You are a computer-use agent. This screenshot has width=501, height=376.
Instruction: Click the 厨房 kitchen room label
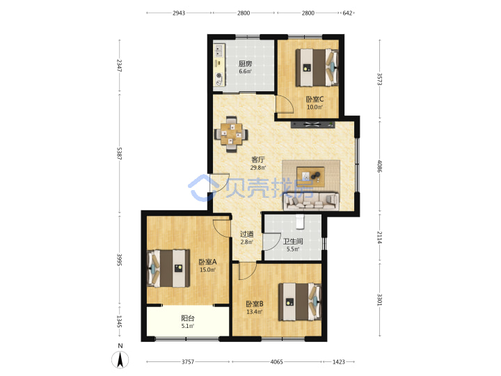tap(245, 64)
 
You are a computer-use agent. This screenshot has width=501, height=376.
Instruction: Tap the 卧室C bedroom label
tap(315, 100)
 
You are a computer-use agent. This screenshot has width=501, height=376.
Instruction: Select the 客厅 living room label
tap(258, 159)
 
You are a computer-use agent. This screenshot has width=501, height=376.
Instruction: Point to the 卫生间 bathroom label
tap(293, 242)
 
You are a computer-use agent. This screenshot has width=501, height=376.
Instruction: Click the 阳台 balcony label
tap(188, 318)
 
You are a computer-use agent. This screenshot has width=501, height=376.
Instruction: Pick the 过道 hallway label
tap(246, 234)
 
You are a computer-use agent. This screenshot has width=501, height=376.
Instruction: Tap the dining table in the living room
tap(231, 134)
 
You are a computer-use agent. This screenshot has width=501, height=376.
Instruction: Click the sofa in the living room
tap(311, 201)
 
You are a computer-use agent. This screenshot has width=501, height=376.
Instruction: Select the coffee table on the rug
tap(310, 177)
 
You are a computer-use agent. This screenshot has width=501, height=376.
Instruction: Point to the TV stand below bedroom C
tap(313, 125)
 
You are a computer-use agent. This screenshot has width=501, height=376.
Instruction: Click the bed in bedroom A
tap(168, 268)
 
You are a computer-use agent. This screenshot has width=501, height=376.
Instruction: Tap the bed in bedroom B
tap(300, 301)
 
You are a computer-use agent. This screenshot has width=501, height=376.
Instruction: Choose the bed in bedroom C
tap(317, 67)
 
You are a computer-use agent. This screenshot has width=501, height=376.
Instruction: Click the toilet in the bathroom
tap(299, 221)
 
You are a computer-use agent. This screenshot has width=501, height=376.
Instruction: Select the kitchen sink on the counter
tap(219, 50)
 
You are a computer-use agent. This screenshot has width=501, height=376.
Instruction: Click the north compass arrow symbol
tap(120, 360)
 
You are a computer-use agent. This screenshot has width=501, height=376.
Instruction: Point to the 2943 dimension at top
tap(179, 13)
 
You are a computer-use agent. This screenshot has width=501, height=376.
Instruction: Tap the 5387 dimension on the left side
tap(119, 153)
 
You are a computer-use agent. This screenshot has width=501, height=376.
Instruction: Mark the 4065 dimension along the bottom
tap(277, 362)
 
